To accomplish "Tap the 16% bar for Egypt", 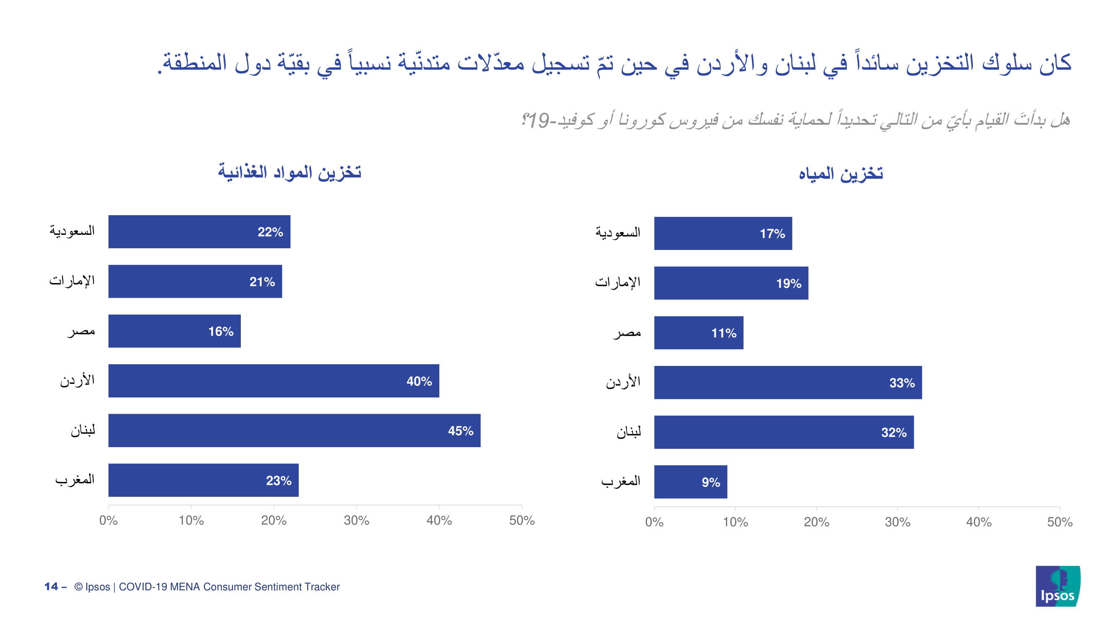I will [x=174, y=331].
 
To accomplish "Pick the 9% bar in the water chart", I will [x=690, y=481].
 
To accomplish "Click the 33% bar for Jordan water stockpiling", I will [x=787, y=382].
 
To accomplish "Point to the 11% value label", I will [x=723, y=333].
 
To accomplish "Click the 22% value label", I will [x=270, y=232].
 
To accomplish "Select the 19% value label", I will [x=788, y=283].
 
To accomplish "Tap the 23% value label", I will [x=279, y=480].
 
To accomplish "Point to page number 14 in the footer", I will [x=51, y=587].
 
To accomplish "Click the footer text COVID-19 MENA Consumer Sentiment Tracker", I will [x=229, y=587].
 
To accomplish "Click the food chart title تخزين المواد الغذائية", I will [x=289, y=172].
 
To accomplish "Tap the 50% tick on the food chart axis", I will [x=521, y=520].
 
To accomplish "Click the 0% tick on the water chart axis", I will [x=654, y=522].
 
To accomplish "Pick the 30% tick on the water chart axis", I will [x=897, y=522].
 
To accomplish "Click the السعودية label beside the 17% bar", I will [x=617, y=233].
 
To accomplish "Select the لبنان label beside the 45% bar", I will [x=83, y=430].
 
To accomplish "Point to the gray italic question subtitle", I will [x=796, y=120].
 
